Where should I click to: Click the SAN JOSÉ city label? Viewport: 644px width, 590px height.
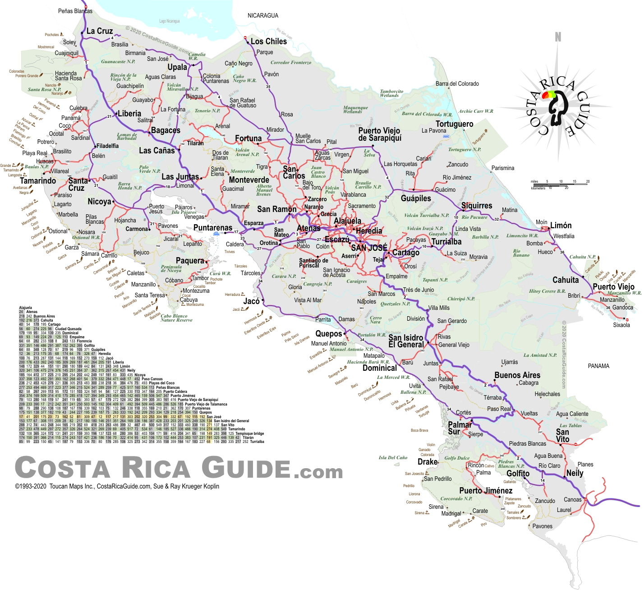click(x=369, y=248)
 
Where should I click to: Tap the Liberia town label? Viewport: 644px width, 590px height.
click(x=129, y=114)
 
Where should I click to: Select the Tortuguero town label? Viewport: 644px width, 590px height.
click(x=454, y=124)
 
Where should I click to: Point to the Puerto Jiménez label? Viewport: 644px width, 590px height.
click(x=486, y=490)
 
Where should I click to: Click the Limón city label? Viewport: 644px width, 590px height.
click(x=561, y=225)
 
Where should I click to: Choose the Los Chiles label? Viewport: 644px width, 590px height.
click(x=269, y=41)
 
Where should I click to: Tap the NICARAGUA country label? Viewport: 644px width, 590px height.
click(x=263, y=15)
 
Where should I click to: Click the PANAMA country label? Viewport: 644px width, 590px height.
click(x=598, y=366)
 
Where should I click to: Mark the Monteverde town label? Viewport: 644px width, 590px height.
click(x=249, y=180)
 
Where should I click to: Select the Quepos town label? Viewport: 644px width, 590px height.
click(x=329, y=334)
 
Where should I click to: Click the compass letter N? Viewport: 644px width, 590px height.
click(x=558, y=37)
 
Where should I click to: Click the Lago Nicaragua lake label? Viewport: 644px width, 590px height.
click(x=169, y=21)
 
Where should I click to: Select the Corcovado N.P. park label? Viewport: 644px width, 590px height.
click(x=456, y=498)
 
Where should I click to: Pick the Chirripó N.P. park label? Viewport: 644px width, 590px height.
click(x=460, y=299)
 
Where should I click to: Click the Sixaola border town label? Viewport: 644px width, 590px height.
click(x=621, y=325)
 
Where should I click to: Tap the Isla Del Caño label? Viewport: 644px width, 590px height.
click(x=393, y=457)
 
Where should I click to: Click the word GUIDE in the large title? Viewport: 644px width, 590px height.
click(x=246, y=467)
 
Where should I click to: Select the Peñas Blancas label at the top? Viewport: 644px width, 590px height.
click(x=75, y=11)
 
